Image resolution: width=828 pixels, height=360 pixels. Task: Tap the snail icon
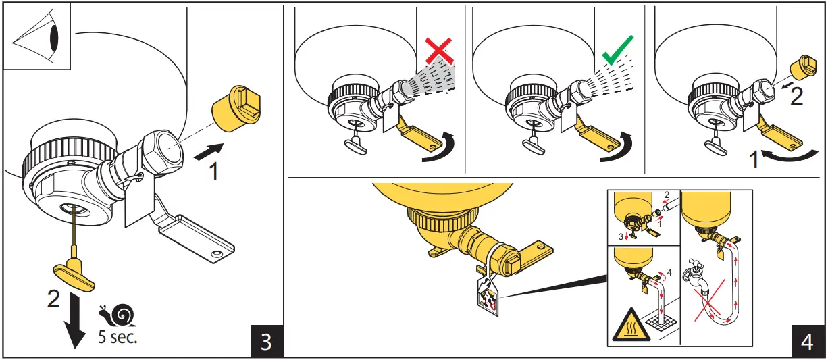115,315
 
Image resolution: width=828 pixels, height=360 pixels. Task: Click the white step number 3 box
266,341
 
